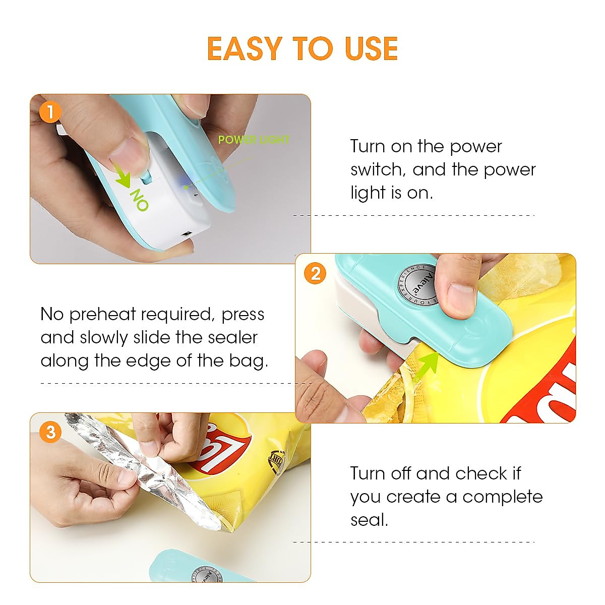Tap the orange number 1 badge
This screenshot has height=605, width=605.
[49, 112]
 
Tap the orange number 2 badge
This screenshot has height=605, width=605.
[315, 274]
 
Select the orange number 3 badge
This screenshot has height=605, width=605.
[49, 432]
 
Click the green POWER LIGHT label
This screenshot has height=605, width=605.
[254, 140]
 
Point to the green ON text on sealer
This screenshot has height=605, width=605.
[139, 200]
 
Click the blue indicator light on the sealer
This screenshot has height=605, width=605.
[185, 185]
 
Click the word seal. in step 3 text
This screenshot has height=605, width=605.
[369, 519]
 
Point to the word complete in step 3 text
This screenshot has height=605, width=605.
[502, 497]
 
